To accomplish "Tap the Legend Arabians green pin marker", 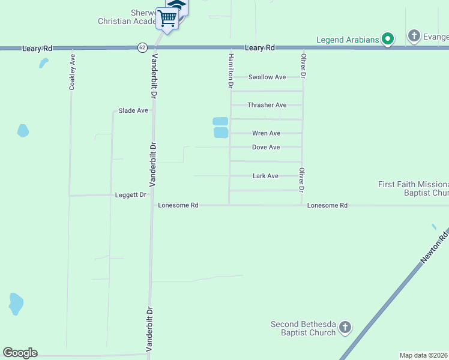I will click(x=388, y=40).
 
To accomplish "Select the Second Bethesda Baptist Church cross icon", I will click(x=345, y=328).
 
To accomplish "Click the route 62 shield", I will click(x=142, y=47).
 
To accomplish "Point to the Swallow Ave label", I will click(x=268, y=77).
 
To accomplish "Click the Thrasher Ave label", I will click(x=267, y=105).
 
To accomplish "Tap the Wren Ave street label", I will click(x=267, y=133).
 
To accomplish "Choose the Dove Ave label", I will click(x=266, y=148).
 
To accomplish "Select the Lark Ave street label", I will click(x=265, y=176).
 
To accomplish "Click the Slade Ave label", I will click(x=133, y=110).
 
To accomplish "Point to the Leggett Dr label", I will click(x=131, y=195).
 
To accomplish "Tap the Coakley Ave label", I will click(x=72, y=73).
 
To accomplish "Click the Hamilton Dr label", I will click(x=230, y=71).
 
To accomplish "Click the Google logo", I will click(x=20, y=353).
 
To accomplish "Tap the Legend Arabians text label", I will click(x=348, y=40).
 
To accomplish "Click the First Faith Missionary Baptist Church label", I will click(x=414, y=189).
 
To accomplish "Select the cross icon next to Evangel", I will click(x=414, y=37).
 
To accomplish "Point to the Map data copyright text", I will click(x=424, y=355).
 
